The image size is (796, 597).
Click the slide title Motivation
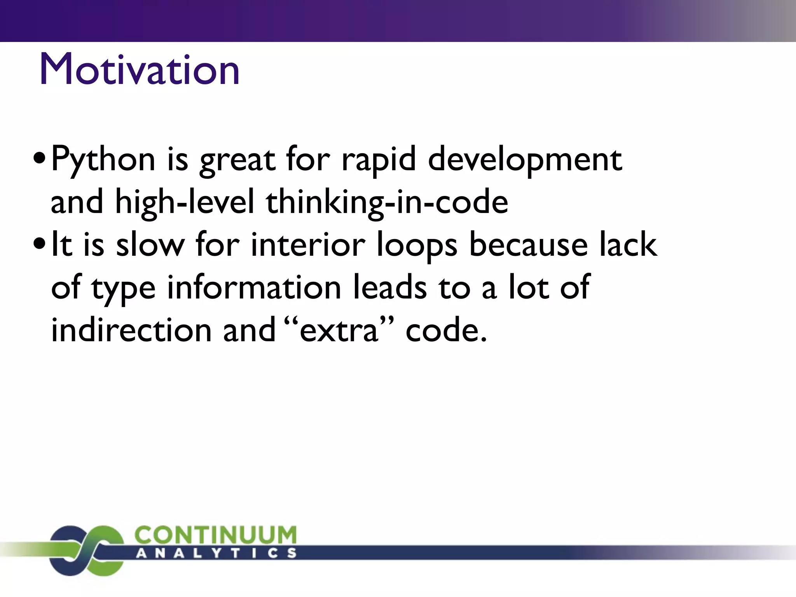pyautogui.click(x=139, y=70)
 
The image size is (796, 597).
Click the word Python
pyautogui.click(x=103, y=159)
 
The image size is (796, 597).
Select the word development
pyautogui.click(x=525, y=159)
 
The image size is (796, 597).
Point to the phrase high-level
pyautogui.click(x=184, y=202)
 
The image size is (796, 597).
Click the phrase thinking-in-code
pyautogui.click(x=387, y=202)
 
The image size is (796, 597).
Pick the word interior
pyautogui.click(x=308, y=245)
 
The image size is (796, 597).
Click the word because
pyautogui.click(x=528, y=245)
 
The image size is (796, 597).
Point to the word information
pyautogui.click(x=254, y=288)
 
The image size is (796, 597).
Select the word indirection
pyautogui.click(x=131, y=330)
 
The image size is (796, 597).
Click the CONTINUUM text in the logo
pyautogui.click(x=215, y=535)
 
